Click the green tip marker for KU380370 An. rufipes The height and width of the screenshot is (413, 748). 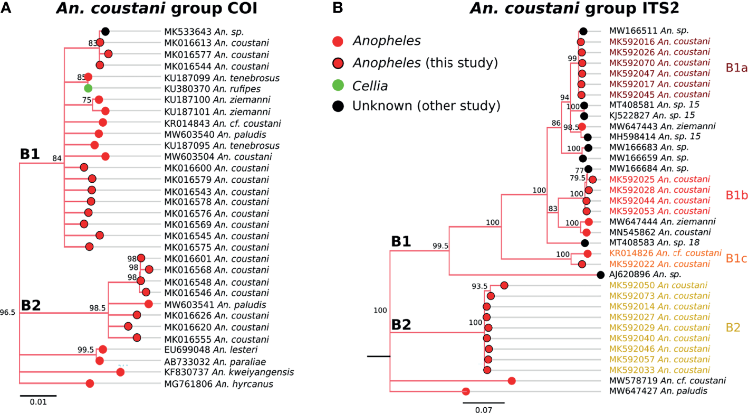(88, 88)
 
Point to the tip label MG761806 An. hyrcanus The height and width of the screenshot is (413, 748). (211, 384)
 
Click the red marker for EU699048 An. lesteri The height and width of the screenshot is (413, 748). (103, 349)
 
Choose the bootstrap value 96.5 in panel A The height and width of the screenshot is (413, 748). (9, 313)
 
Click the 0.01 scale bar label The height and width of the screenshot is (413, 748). (38, 402)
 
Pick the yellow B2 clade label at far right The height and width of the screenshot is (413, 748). (733, 327)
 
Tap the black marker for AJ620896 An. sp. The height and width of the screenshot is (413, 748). (600, 275)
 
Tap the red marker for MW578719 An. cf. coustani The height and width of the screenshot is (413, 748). (511, 380)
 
